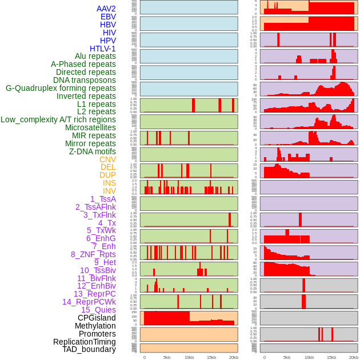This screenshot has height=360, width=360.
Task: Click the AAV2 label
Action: coord(106,9)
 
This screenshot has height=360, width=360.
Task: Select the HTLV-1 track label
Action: coord(102,49)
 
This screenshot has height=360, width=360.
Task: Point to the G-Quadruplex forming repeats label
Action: coord(61,88)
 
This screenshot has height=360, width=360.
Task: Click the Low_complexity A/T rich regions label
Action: coord(58,119)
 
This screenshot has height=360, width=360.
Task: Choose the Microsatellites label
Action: coord(90,127)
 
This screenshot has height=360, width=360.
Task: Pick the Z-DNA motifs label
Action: coord(92,151)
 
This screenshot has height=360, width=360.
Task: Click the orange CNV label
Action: coord(107,159)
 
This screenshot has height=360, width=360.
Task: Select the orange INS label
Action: coord(109,183)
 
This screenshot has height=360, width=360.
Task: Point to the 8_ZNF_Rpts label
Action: coord(93,254)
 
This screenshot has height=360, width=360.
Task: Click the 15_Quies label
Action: coord(98,310)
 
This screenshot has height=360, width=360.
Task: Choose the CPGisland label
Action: coord(97,318)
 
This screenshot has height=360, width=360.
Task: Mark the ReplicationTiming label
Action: coord(84,342)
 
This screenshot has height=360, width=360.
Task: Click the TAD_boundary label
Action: coord(89,349)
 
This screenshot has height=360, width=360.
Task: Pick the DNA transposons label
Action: coord(85,80)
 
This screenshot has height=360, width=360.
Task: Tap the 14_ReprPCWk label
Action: coord(89,302)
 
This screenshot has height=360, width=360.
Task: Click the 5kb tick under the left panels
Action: coord(167,357)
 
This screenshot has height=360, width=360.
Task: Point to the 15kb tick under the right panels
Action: coord(331,357)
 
